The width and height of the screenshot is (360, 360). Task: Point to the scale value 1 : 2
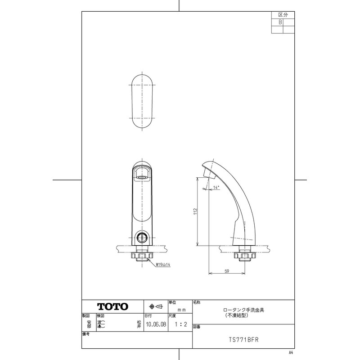[x=180, y=324]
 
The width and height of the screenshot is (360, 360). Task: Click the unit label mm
[x=182, y=310]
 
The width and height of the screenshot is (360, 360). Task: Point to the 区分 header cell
[x=283, y=15]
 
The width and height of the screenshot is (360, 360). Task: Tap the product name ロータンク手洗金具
[x=243, y=310]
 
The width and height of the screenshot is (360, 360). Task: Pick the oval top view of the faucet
[x=143, y=102]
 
